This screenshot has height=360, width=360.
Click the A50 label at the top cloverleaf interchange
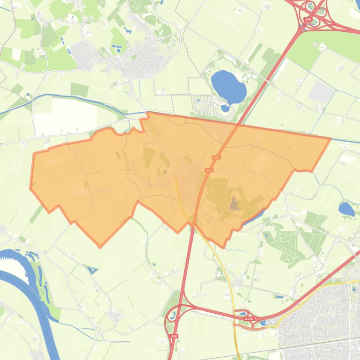pos(308,19)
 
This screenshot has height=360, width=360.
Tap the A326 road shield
pos(249,319)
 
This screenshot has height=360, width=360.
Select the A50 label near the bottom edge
pos(174,336)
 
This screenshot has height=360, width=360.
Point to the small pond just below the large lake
pos(226,108)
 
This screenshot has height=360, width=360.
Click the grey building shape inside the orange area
pos(234,203)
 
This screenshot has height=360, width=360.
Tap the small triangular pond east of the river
pos(92,270)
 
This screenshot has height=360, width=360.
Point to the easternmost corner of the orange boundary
pos(331,138)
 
